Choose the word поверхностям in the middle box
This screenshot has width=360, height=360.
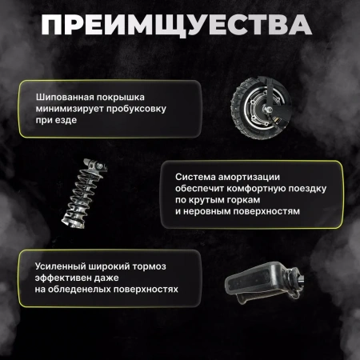coord(274,214)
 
